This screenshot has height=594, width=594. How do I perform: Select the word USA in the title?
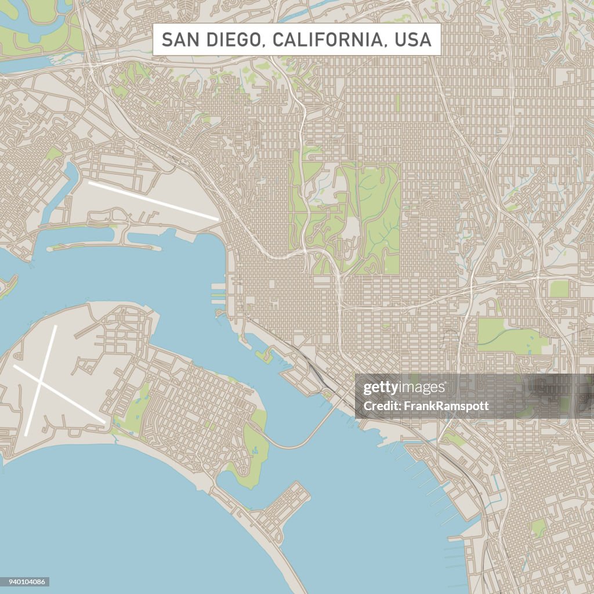412,39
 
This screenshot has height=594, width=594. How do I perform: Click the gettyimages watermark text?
404,388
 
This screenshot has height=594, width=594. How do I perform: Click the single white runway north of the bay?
153,200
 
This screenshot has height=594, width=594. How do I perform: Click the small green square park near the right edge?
559,288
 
